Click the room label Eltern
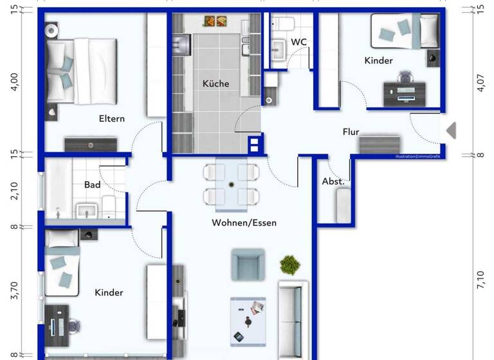point(111,118)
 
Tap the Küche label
point(215,84)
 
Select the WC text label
point(298,42)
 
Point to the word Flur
point(351,132)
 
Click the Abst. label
point(333,182)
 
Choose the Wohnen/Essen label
point(244,223)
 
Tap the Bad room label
point(92,184)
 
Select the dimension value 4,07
point(480,82)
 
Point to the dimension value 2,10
point(14,191)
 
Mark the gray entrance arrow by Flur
point(451,130)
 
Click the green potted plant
point(289,264)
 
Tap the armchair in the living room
point(248,264)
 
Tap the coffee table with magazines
point(248,319)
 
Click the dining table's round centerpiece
point(231,184)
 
